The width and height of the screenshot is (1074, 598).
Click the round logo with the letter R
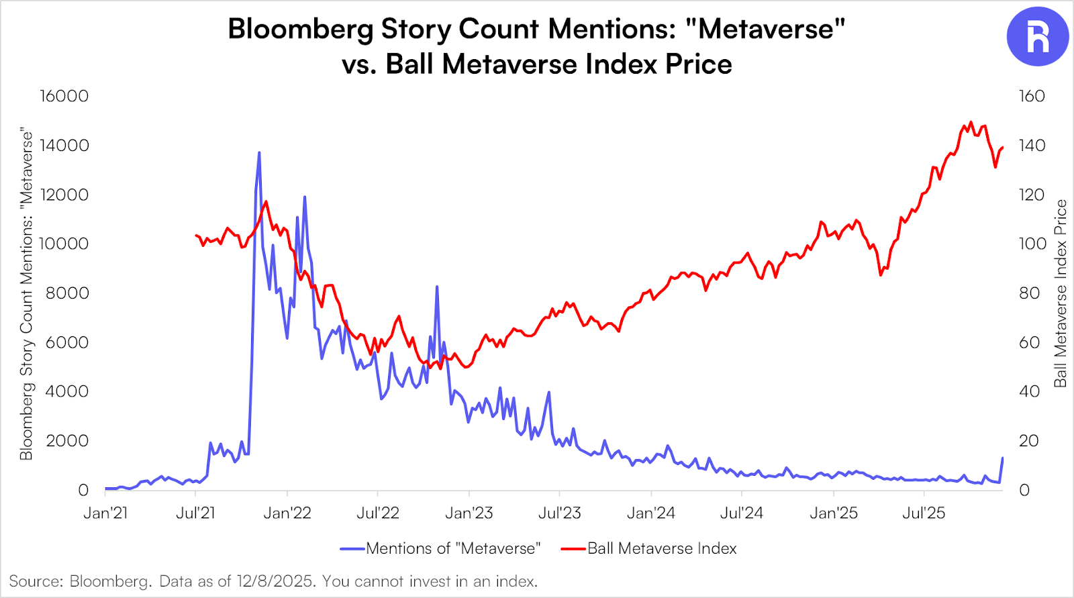point(1037,36)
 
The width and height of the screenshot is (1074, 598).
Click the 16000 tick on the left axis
point(64,96)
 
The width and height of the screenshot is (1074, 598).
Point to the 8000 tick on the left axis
point(67,293)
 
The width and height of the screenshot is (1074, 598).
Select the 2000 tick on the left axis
point(67,441)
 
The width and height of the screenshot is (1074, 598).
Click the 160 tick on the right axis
point(1032,96)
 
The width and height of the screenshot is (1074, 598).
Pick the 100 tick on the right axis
point(1032,244)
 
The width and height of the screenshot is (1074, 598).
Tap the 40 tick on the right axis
point(1029,391)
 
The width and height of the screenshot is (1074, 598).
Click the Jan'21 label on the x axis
point(105,513)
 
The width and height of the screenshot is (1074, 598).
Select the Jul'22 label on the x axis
point(378,513)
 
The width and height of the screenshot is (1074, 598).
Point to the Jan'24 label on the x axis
point(650,513)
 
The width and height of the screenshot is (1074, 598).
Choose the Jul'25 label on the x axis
point(924,513)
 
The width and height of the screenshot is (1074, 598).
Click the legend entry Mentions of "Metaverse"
point(453,549)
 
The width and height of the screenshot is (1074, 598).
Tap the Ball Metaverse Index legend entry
point(662,549)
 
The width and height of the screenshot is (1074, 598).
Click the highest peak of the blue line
point(259,153)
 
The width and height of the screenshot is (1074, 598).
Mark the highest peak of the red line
point(971,122)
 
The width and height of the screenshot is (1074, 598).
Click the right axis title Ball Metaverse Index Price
point(1060,293)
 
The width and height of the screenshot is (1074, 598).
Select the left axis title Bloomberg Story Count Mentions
point(26,293)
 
